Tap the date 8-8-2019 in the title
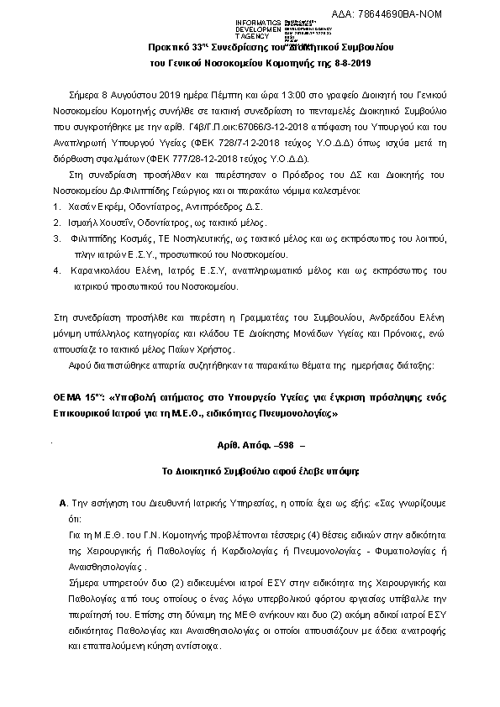coord(356,63)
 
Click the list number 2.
coord(55,223)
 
